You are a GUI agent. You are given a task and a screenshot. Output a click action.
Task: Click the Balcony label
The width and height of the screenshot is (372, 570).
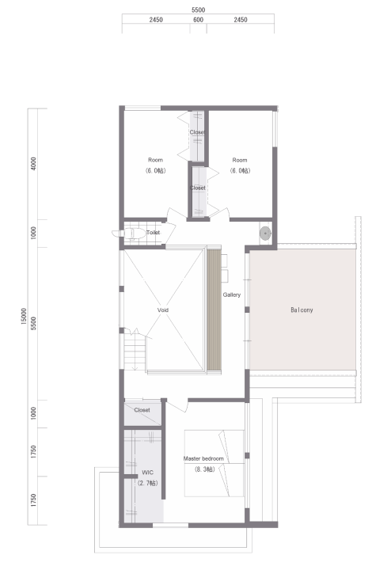pyautogui.click(x=302, y=310)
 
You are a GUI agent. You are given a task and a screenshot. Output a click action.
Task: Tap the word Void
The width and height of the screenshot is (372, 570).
pyautogui.click(x=163, y=310)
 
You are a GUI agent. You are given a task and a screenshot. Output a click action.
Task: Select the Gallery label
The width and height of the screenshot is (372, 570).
pyautogui.click(x=232, y=294)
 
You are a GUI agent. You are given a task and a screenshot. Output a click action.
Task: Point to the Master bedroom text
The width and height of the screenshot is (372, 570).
pyautogui.click(x=203, y=458)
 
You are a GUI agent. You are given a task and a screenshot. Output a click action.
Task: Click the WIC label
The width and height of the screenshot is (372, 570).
pyautogui.click(x=147, y=473)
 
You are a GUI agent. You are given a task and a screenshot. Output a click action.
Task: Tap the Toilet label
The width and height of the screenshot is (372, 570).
pyautogui.click(x=153, y=232)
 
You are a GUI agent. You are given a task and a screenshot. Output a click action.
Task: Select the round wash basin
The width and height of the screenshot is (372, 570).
pyautogui.click(x=265, y=232)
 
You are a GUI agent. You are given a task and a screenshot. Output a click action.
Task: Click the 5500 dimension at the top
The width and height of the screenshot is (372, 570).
pyautogui.click(x=199, y=9)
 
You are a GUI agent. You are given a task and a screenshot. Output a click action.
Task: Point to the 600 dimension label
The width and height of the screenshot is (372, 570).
pyautogui.click(x=199, y=20)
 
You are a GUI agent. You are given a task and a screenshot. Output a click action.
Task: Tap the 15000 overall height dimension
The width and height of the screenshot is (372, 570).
pyautogui.click(x=24, y=316)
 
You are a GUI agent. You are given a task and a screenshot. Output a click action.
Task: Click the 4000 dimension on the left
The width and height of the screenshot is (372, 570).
pyautogui.click(x=33, y=164)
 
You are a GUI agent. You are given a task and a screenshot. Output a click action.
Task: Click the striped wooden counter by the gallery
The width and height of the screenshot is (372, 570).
pyautogui.click(x=214, y=309)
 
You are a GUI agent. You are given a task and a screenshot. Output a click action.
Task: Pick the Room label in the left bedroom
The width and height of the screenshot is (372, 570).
pyautogui.click(x=155, y=160)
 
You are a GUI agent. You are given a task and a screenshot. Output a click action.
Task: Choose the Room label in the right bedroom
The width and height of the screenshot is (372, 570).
pyautogui.click(x=240, y=160)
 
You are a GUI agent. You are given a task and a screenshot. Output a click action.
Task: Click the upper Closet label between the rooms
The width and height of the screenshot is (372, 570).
pyautogui.click(x=197, y=132)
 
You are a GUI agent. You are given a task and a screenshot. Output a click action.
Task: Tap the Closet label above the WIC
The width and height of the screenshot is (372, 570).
pyautogui.click(x=142, y=410)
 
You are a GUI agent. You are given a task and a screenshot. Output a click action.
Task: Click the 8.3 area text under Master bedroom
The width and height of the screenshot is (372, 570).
pyautogui.click(x=205, y=469)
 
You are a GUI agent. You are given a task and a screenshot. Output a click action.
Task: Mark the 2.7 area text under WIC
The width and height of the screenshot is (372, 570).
pyautogui.click(x=148, y=484)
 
